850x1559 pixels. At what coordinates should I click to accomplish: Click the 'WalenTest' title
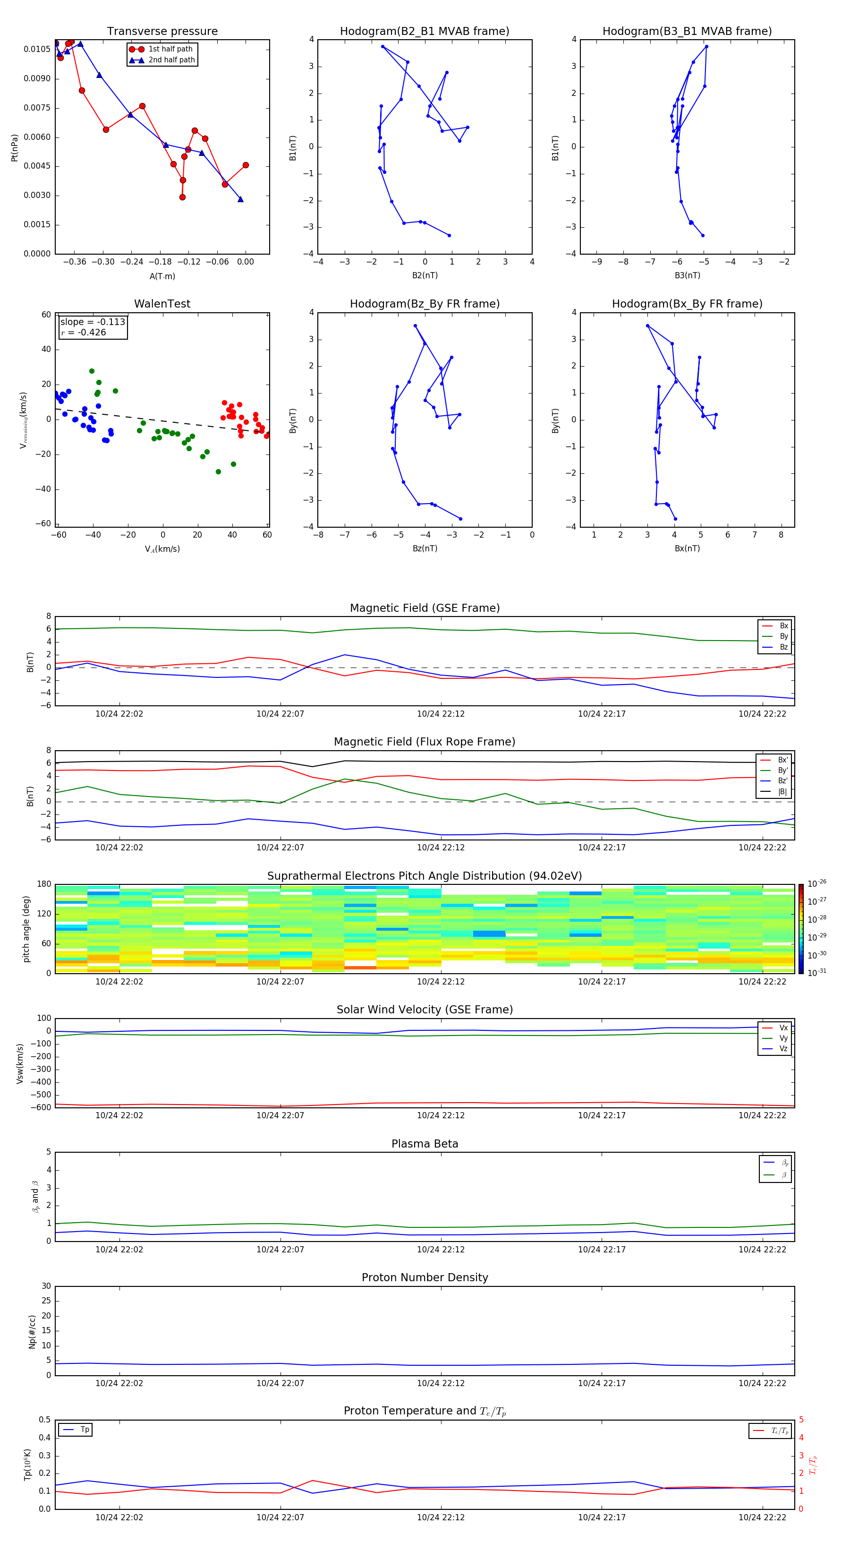coord(162,304)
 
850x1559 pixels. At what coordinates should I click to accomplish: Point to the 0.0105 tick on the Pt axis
coord(37,49)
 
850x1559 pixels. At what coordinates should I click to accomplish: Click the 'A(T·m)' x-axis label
coord(162,276)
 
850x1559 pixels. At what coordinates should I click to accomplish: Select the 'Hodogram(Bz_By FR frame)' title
coord(425,304)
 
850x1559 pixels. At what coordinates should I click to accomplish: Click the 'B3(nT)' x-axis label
coord(687,275)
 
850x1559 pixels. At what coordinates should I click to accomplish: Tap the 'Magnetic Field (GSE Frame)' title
coord(425,608)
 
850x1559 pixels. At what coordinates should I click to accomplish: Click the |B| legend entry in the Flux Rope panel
coord(782,792)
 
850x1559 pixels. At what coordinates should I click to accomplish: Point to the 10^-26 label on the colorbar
coord(817,883)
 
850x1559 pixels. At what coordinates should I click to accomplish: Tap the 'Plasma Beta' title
coord(425,1144)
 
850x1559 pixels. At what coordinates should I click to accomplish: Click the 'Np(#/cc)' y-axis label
coord(32,1331)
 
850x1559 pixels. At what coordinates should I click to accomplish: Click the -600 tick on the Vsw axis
coord(41,1107)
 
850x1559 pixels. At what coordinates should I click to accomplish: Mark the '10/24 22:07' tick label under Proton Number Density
coord(280,1383)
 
